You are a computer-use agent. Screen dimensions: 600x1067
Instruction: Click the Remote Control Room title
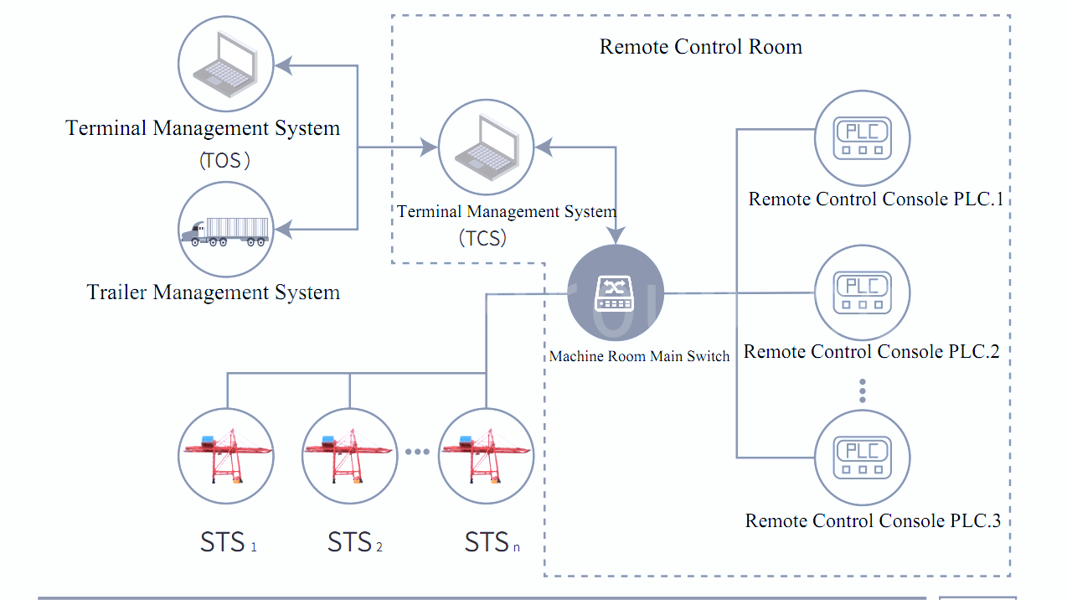pos(700,47)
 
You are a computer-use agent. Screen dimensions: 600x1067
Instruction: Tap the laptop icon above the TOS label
pos(225,64)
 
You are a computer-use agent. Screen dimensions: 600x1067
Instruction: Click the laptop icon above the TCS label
pos(487,147)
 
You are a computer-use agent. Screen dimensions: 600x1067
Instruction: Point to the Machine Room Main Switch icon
pos(616,292)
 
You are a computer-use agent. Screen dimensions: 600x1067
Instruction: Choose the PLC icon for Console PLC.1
pos(862,138)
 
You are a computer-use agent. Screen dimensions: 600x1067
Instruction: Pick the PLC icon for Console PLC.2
pos(862,292)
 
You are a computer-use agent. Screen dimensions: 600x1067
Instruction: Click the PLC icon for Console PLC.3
pos(862,458)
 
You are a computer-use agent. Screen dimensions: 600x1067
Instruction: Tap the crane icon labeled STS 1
pos(226,456)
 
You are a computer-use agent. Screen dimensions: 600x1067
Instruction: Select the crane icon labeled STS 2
pos(349,456)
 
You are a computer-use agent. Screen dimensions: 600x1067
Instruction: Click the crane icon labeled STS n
pos(487,456)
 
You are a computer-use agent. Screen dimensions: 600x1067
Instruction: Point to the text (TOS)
pos(224,160)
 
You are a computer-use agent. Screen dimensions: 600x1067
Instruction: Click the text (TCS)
pos(483,238)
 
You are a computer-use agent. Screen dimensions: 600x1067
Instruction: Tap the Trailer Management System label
pos(214,292)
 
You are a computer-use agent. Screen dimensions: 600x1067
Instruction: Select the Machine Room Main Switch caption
pos(639,356)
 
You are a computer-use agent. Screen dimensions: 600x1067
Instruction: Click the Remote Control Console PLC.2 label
pos(871,352)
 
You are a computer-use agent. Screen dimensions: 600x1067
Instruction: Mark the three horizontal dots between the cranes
pos(417,452)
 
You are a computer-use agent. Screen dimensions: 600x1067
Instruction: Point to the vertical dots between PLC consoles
pos(862,391)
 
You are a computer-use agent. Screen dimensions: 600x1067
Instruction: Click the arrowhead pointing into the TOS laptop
pos(284,65)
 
